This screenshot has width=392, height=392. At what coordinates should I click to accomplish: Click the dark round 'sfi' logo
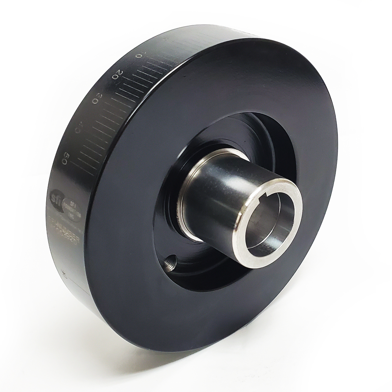pos(55,195)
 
